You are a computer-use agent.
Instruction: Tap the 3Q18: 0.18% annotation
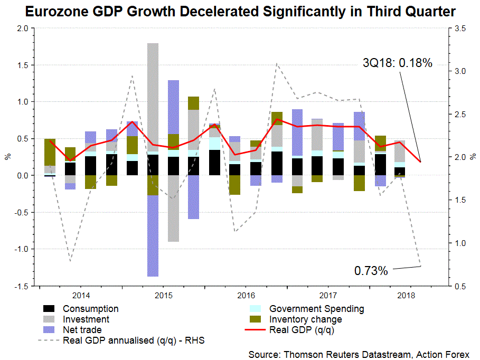(x=397, y=63)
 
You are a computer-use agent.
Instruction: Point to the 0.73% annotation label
(x=371, y=271)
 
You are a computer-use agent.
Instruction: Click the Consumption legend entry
(x=90, y=309)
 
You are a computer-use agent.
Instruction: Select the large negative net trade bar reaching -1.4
(x=153, y=238)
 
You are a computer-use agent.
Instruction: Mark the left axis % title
(x=7, y=157)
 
